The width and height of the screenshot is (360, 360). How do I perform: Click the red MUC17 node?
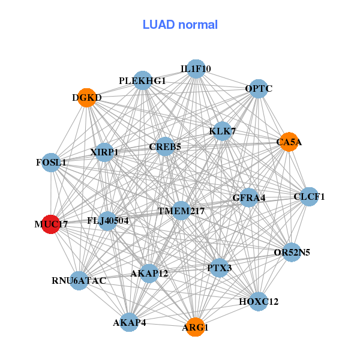[50, 224]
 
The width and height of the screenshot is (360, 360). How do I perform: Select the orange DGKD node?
[87, 97]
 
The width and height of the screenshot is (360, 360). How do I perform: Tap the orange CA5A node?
[289, 142]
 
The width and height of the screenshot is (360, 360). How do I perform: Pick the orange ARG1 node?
[195, 327]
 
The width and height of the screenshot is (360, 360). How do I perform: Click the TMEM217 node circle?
[181, 211]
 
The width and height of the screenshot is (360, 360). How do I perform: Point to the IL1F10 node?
[196, 69]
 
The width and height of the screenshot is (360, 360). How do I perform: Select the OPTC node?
[259, 89]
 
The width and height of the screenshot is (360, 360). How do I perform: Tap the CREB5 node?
[165, 146]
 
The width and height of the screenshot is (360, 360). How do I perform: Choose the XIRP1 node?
[104, 152]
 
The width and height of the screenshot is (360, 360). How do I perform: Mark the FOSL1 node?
[51, 163]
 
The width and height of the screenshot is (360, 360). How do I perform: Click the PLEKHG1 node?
[142, 80]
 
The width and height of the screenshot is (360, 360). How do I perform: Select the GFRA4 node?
[249, 197]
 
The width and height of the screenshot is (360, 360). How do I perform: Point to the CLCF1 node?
[309, 196]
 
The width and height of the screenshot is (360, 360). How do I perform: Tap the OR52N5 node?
[292, 252]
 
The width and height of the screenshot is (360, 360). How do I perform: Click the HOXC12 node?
[259, 301]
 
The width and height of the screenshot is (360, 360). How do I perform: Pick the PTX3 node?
[219, 268]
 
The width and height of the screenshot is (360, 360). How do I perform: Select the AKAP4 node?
[129, 323]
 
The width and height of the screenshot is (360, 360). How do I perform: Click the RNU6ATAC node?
[79, 280]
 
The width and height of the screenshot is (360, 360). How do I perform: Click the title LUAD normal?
[180, 25]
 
